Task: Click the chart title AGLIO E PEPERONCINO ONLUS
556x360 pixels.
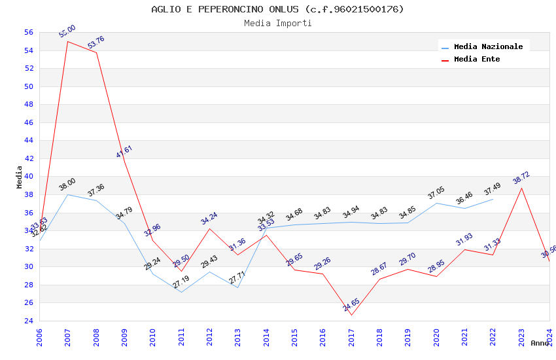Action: click(x=277, y=9)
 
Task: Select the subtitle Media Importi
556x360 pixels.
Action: click(x=277, y=23)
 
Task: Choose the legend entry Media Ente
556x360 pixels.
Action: click(x=477, y=59)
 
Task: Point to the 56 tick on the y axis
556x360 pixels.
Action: click(x=28, y=32)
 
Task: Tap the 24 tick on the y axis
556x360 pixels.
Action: click(x=28, y=321)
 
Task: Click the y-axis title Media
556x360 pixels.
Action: click(x=20, y=177)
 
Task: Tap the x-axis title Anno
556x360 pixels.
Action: click(x=540, y=343)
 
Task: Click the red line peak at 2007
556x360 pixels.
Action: click(x=68, y=41)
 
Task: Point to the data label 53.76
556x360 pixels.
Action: click(x=96, y=43)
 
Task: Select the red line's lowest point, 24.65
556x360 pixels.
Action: click(x=351, y=315)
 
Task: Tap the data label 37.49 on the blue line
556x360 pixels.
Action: click(x=492, y=189)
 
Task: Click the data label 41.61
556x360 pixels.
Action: click(x=124, y=151)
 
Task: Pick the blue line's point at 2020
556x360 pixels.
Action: click(x=436, y=203)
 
